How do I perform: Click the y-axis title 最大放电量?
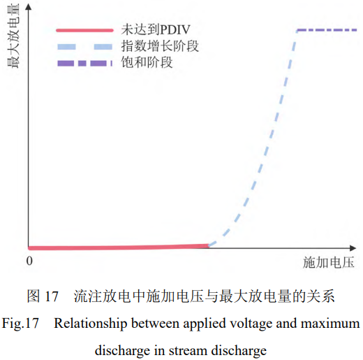(13, 36)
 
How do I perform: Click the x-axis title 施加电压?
(329, 263)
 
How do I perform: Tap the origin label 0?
(29, 261)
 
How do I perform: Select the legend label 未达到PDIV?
(156, 30)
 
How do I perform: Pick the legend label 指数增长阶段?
(160, 46)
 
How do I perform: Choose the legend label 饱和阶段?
(147, 62)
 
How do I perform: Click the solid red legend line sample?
(84, 30)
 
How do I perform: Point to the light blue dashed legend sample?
(84, 47)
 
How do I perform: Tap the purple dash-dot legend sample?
(84, 64)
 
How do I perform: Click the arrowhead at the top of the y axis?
(29, 6)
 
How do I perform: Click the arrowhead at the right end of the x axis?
(353, 248)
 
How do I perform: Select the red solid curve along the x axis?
(119, 247)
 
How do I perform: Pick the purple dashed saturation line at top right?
(327, 30)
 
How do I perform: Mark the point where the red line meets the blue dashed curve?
(209, 245)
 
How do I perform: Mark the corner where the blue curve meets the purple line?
(297, 30)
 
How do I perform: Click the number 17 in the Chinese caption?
(51, 296)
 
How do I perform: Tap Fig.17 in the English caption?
(20, 324)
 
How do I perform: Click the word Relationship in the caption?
(91, 324)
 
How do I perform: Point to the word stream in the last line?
(188, 351)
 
